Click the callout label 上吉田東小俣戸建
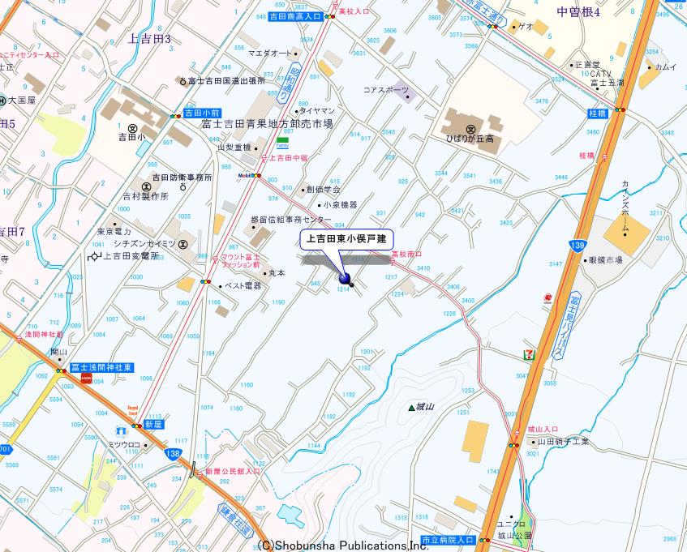pos(347,239)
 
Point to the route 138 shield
pos(172,454)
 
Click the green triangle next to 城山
pos(411,407)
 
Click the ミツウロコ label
pos(125,444)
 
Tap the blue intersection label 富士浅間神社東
pos(101,368)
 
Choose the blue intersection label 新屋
pos(153,424)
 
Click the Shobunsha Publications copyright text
pos(343,546)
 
